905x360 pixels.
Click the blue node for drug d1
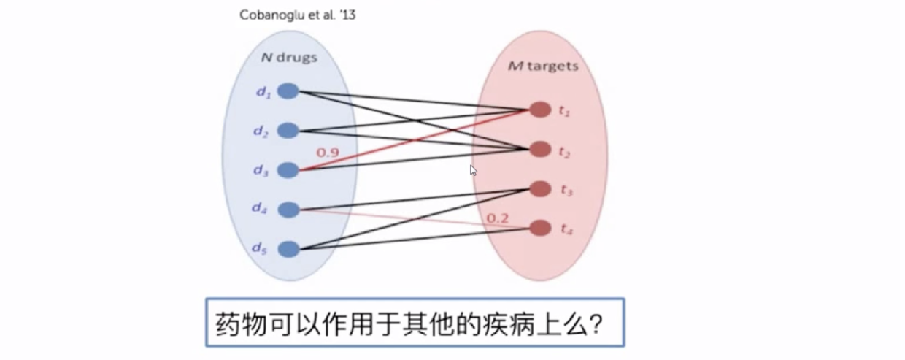[289, 91]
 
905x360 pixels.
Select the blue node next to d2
[289, 131]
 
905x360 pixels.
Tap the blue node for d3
[289, 170]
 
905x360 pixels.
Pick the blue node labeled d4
[289, 210]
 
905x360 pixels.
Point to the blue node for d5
[289, 249]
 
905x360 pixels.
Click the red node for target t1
[540, 110]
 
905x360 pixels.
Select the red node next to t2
[540, 150]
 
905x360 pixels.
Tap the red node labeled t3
[540, 188]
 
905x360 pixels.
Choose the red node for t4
[540, 228]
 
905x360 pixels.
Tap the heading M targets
[543, 66]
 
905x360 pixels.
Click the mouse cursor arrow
[473, 170]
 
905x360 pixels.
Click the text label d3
[261, 171]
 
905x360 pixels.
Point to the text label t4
[566, 229]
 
